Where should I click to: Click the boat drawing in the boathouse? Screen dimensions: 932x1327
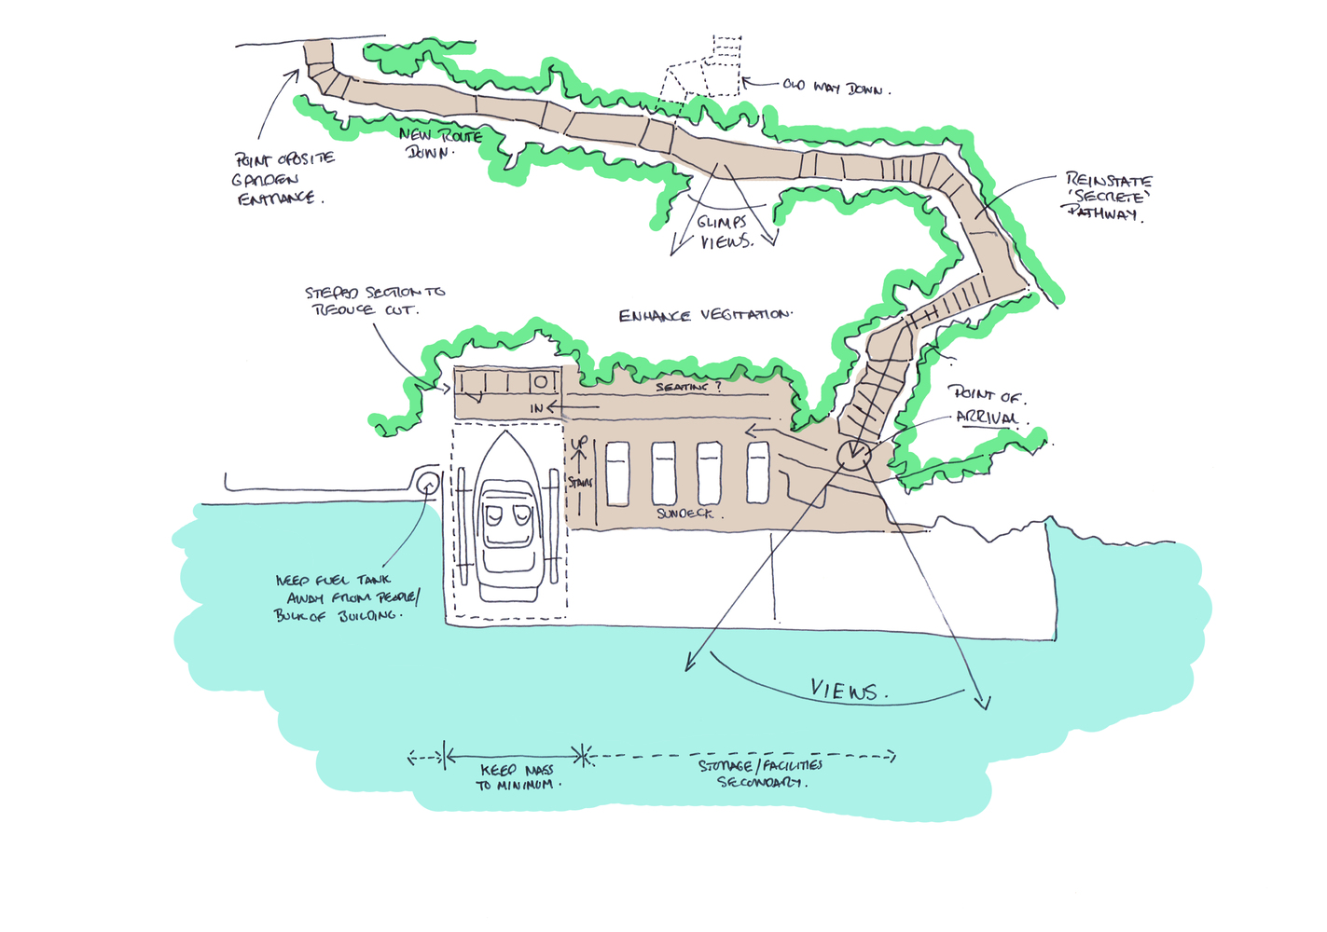509,523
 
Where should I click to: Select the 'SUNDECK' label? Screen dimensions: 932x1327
685,514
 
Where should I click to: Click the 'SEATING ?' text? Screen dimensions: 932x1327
688,387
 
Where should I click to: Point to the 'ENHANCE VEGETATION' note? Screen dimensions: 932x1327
704,316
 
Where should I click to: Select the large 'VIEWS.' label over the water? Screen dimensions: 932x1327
848,691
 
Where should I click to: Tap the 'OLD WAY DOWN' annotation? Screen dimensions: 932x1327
836,87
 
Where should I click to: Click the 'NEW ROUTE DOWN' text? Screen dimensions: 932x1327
440,144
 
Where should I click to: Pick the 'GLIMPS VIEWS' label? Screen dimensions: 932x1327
725,232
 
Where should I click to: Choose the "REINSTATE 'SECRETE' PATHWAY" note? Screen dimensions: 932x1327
1108,197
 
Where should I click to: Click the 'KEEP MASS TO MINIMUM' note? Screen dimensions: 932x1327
516,777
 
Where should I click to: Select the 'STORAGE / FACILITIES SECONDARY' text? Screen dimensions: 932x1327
761,774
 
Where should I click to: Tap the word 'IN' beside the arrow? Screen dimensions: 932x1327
536,408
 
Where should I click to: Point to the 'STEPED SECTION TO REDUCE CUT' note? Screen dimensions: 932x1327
375,300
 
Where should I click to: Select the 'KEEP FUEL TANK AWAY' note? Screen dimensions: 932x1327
347,597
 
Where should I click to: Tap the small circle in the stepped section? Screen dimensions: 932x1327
540,381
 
